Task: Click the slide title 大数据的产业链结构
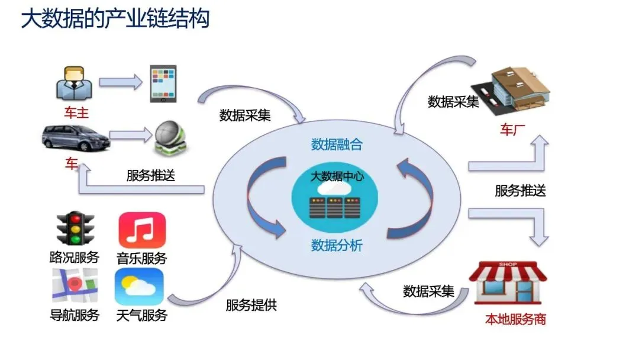tap(115, 19)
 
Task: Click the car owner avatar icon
tap(74, 83)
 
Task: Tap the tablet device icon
tap(162, 83)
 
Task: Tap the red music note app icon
tap(142, 230)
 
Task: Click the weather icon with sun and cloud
tap(139, 286)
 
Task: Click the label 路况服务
tap(75, 258)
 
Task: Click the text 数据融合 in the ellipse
tap(337, 144)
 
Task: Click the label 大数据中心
tap(337, 176)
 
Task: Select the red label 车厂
tap(508, 130)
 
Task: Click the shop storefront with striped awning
tap(508, 282)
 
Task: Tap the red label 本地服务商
tap(515, 320)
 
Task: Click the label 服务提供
tap(251, 306)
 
